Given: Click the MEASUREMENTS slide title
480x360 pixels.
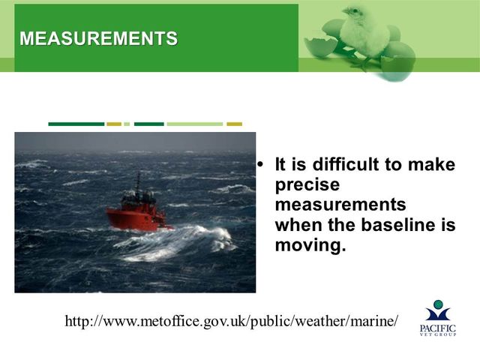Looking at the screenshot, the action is point(98,38).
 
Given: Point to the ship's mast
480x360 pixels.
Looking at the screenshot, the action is point(138,183).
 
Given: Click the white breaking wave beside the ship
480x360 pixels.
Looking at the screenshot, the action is point(175,244).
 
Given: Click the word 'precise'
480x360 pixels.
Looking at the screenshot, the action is point(307,184).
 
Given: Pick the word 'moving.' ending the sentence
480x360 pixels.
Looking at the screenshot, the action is point(310,245).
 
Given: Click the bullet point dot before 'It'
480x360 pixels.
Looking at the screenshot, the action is point(260,165).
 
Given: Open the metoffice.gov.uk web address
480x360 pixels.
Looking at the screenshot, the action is point(232,321).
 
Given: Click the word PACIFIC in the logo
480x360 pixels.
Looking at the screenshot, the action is point(438,328).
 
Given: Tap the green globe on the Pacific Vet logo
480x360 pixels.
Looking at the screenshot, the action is point(438,304).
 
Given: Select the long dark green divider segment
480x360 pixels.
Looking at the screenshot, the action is point(76,124).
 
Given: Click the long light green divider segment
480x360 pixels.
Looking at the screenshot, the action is point(195,124).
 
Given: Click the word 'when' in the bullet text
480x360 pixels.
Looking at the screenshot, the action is point(298,225).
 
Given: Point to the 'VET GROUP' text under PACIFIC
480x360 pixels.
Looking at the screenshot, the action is point(438,334).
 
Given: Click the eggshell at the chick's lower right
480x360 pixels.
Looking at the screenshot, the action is point(397,67).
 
